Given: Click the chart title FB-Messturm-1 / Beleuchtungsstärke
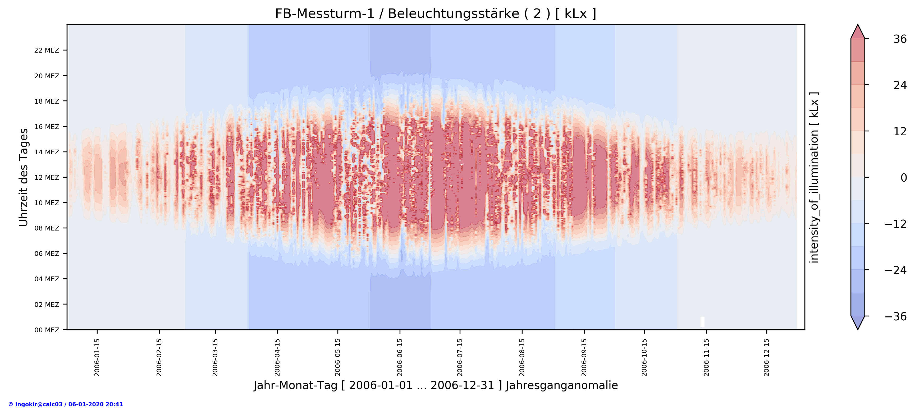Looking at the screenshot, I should (x=436, y=14).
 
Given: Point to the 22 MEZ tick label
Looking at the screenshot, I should (x=47, y=50).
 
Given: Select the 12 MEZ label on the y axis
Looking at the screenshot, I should (x=47, y=178).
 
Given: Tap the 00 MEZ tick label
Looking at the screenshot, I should (x=47, y=330).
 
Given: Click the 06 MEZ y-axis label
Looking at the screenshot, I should (x=47, y=253).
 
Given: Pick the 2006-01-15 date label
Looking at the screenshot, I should (x=97, y=357).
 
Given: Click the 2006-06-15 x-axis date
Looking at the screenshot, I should (x=400, y=357).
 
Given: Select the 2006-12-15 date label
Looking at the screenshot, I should (x=767, y=357).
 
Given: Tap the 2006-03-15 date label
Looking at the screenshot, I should (x=215, y=357).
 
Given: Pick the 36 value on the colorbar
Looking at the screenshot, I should (x=900, y=39).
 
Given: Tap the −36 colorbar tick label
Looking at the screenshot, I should (x=895, y=316).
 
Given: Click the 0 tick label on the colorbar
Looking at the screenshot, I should (x=904, y=178).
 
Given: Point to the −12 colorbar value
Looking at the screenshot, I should (x=895, y=224).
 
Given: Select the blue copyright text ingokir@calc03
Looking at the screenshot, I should (x=66, y=404).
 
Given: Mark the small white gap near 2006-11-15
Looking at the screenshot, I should (x=702, y=322).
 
